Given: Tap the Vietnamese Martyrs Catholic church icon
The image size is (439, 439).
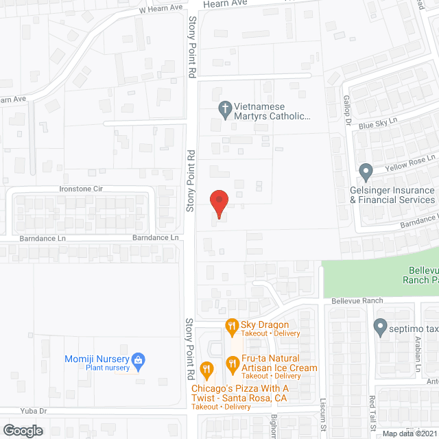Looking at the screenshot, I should tap(224, 108).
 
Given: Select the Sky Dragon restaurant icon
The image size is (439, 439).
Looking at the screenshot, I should tap(232, 326).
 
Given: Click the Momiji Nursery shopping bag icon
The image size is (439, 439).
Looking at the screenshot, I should tap(138, 359).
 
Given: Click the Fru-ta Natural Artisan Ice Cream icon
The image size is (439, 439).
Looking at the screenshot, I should tap(232, 363).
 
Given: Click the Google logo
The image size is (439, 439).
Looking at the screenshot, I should tap(22, 431).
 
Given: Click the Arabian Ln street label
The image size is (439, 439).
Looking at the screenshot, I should tap(416, 359).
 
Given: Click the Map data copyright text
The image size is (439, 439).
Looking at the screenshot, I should tap(410, 434).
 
